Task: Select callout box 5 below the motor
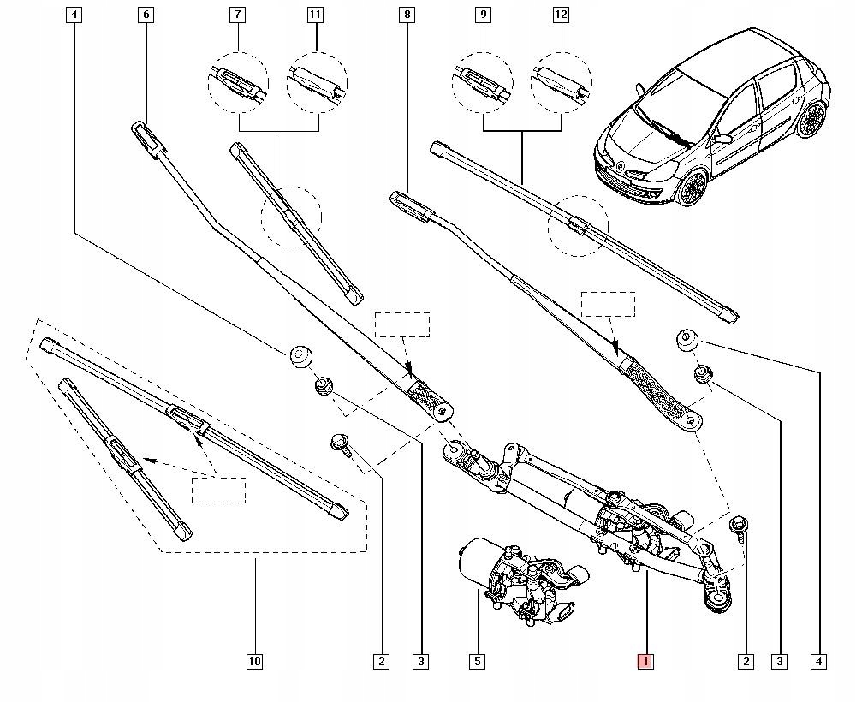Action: [x=478, y=661]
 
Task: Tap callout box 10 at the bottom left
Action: [x=254, y=661]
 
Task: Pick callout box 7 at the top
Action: [x=237, y=15]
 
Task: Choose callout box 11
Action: [x=317, y=15]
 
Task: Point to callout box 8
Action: [x=407, y=15]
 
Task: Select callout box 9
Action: [x=484, y=15]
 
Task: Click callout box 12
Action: [x=562, y=15]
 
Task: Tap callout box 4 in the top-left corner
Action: [x=74, y=15]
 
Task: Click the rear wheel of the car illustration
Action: [x=809, y=120]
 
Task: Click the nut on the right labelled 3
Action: [x=704, y=373]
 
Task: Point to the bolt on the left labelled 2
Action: [x=337, y=443]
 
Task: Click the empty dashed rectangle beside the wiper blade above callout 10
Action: [x=218, y=491]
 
